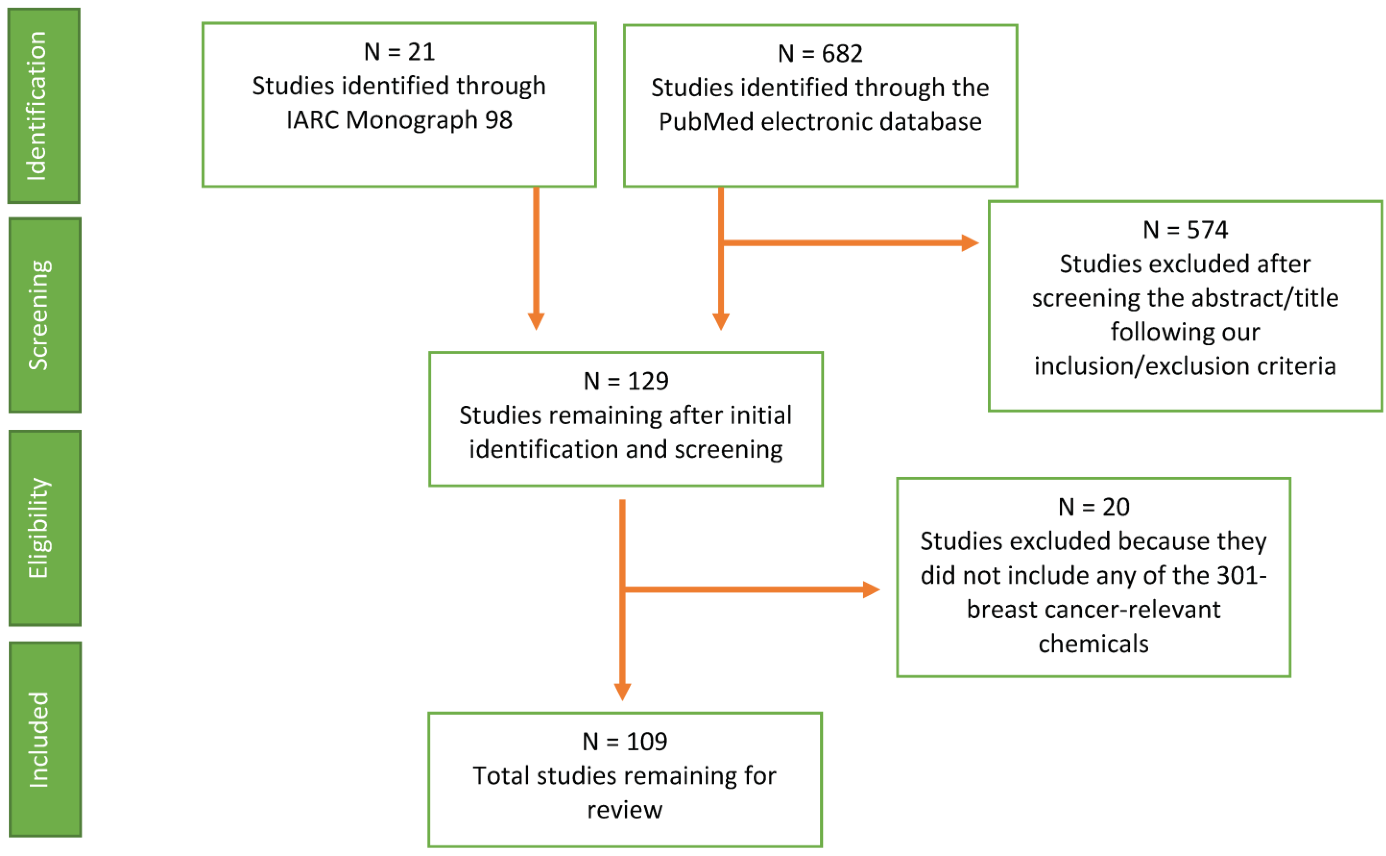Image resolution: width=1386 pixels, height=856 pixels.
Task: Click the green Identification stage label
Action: (44, 106)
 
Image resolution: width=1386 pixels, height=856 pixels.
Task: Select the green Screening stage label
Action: (45, 315)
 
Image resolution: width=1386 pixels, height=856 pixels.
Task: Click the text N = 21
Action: (399, 52)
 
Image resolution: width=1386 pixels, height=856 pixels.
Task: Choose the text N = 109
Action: (624, 742)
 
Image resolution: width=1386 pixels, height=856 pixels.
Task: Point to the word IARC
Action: (313, 120)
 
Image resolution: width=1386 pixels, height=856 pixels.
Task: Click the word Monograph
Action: (411, 120)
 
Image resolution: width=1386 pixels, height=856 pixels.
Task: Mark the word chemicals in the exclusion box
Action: (1093, 644)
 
